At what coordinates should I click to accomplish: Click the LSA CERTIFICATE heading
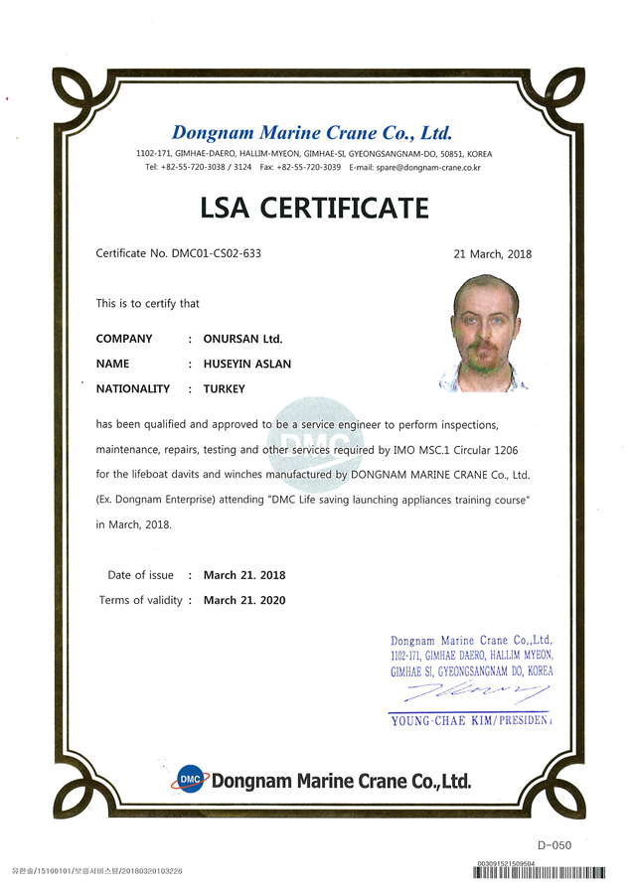[x=314, y=208]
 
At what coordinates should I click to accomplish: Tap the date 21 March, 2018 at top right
[x=492, y=254]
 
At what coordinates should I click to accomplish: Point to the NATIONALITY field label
[x=133, y=388]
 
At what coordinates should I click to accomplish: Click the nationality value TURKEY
[x=224, y=388]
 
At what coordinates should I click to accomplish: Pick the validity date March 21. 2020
[x=244, y=600]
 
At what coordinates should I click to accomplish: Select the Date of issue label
[x=140, y=575]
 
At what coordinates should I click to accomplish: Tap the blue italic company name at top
[x=312, y=132]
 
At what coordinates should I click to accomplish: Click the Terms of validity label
[x=141, y=600]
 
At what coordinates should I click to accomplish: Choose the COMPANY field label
[x=124, y=339]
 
